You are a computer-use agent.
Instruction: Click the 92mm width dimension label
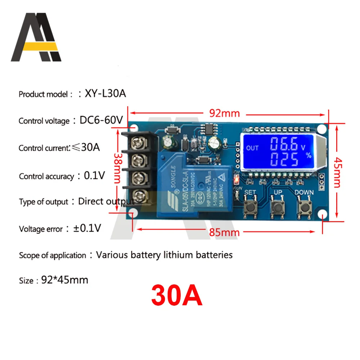(x=225, y=113)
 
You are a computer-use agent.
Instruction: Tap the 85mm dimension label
(x=225, y=232)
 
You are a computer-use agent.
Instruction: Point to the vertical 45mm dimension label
(x=337, y=172)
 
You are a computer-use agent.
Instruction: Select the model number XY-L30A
(x=105, y=94)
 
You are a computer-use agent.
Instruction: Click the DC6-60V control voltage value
(x=101, y=120)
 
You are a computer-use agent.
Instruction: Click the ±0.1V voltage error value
(x=87, y=228)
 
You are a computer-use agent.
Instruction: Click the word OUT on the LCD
(x=252, y=148)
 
